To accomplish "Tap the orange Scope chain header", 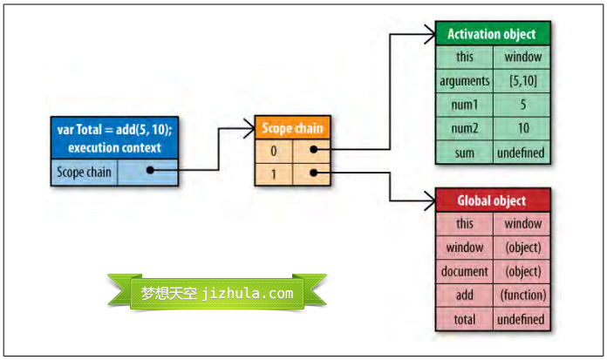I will click(x=292, y=128).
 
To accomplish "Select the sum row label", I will click(x=464, y=153).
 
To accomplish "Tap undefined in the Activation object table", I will click(x=522, y=153).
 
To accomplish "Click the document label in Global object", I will click(x=464, y=271).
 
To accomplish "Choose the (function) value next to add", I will click(x=522, y=295).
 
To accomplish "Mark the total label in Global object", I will click(x=464, y=319).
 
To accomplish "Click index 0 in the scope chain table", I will click(x=273, y=150).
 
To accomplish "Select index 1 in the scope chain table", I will click(x=273, y=173).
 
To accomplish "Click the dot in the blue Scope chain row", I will click(x=150, y=171).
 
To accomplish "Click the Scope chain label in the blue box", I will click(x=85, y=172).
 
